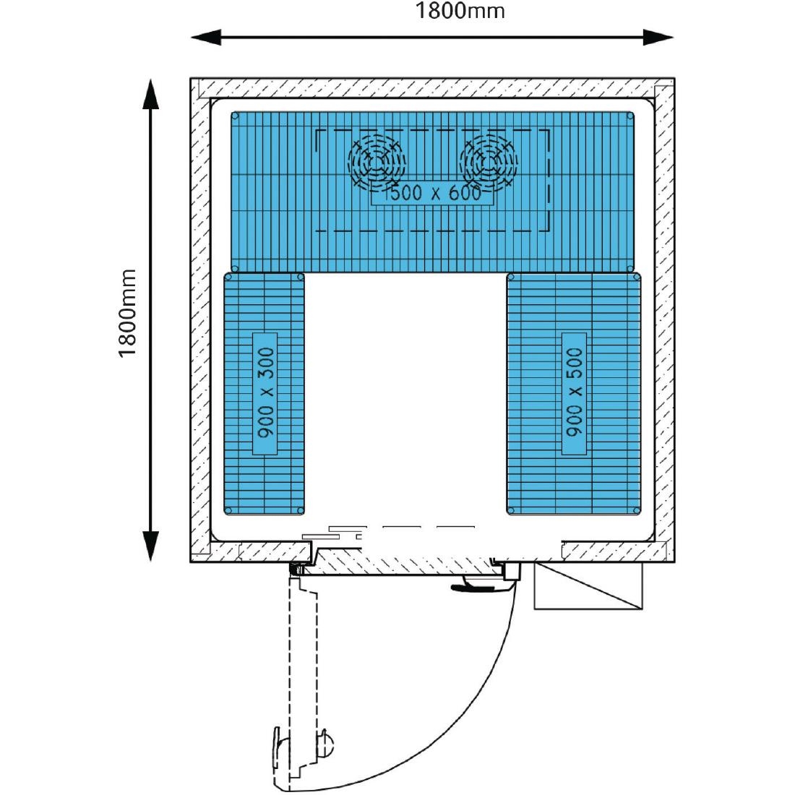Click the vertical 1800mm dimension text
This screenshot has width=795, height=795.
pyautogui.click(x=128, y=314)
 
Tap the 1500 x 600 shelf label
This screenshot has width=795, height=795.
pyautogui.click(x=431, y=194)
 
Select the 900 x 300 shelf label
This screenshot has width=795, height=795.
pyautogui.click(x=265, y=394)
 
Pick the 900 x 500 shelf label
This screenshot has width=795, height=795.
pyautogui.click(x=574, y=394)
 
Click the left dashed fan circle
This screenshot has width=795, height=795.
pyautogui.click(x=377, y=160)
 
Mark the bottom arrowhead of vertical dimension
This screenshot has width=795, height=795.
pyautogui.click(x=150, y=546)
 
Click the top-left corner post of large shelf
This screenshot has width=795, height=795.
pyautogui.click(x=236, y=116)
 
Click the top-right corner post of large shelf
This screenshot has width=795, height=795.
pyautogui.click(x=631, y=116)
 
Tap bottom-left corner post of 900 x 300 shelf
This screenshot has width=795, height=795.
pyautogui.click(x=228, y=510)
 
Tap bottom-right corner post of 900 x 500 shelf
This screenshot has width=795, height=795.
pyautogui.click(x=636, y=510)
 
